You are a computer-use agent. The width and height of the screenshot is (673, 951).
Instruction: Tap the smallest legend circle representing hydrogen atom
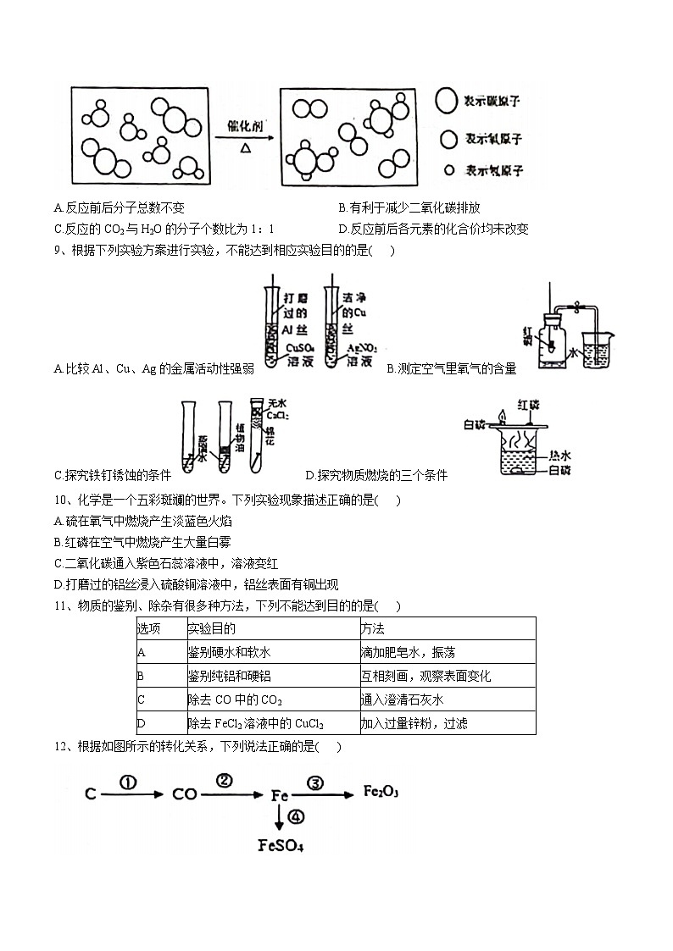(449, 170)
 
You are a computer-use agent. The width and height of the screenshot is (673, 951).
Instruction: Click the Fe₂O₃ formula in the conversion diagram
(381, 791)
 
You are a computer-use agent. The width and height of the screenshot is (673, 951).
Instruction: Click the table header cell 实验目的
(211, 628)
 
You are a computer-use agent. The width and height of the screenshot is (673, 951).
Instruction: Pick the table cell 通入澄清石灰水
(402, 699)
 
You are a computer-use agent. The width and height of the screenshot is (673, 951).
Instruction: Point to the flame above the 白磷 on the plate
(503, 415)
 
